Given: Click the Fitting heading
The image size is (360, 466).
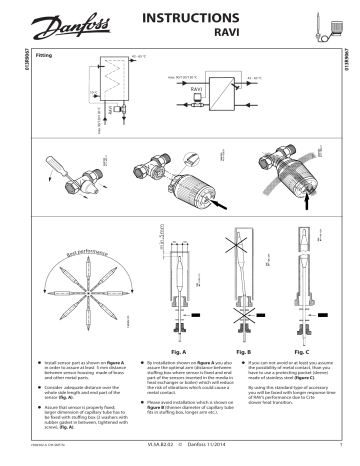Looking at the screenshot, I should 43,56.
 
